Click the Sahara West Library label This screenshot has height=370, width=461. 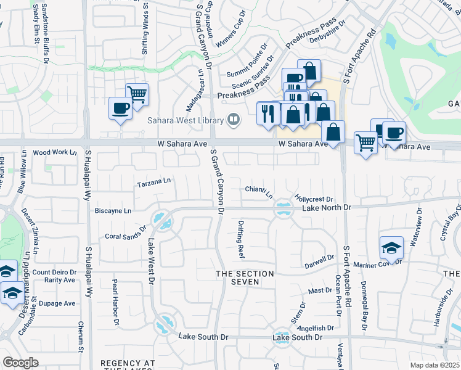pos(185,120)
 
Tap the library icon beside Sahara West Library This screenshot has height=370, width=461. pos(234,120)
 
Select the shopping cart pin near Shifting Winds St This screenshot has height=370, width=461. pos(137,94)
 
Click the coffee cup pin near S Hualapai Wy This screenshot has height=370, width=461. pos(120,109)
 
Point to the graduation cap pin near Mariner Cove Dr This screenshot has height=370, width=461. pos(391,248)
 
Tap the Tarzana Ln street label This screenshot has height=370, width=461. pos(153,182)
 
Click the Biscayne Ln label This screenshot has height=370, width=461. pos(113,211)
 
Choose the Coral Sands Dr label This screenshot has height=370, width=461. pos(125,236)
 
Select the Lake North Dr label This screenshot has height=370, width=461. pos(326,208)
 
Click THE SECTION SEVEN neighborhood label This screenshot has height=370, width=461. pos(244,277)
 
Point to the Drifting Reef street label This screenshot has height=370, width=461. pos(240,240)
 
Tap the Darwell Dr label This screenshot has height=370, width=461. pos(319,266)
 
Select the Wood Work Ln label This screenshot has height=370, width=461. pos(54,152)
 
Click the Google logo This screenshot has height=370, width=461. pos(20,363)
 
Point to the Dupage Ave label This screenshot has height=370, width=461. pos(57,303)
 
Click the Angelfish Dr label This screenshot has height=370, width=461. pos(315,328)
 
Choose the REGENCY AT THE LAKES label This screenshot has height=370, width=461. pos(129,365)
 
